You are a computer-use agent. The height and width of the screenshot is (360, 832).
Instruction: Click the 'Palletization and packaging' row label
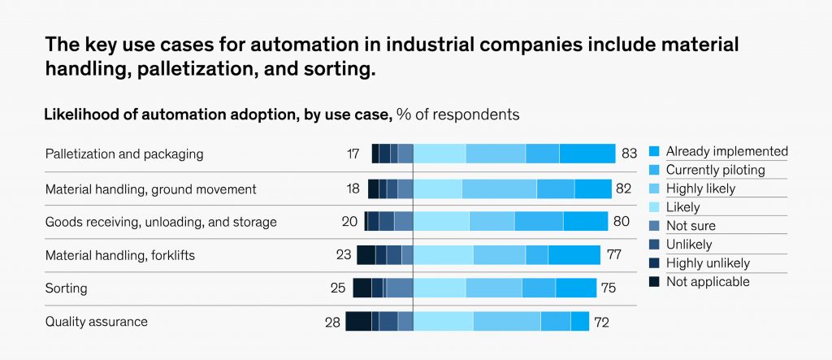(x=124, y=154)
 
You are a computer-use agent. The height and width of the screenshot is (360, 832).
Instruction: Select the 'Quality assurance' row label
(x=97, y=322)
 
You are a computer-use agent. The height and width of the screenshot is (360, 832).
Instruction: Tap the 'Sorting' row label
(x=66, y=288)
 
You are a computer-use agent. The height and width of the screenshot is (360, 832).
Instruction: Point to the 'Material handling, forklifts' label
(x=119, y=255)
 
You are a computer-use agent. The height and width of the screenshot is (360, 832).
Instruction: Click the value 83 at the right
(x=628, y=154)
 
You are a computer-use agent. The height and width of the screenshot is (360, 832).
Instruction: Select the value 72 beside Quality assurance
(x=601, y=322)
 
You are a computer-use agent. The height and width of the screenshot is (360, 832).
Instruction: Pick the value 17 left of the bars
(x=352, y=154)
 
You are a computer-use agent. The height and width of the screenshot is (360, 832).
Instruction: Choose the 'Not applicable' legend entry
(x=708, y=282)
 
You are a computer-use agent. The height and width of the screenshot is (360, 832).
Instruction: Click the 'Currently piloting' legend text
(x=715, y=170)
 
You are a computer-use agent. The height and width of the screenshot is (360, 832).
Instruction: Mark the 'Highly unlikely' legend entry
(x=708, y=263)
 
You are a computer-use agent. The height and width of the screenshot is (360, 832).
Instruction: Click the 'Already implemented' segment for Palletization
(x=587, y=154)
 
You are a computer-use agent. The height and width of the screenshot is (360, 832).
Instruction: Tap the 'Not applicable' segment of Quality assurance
(x=358, y=322)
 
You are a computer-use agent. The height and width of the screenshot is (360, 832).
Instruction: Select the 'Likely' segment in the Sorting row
(x=440, y=288)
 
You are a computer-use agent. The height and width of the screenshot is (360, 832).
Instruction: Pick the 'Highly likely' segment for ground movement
(x=499, y=189)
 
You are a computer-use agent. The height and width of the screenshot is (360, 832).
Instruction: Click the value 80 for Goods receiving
(x=620, y=222)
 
